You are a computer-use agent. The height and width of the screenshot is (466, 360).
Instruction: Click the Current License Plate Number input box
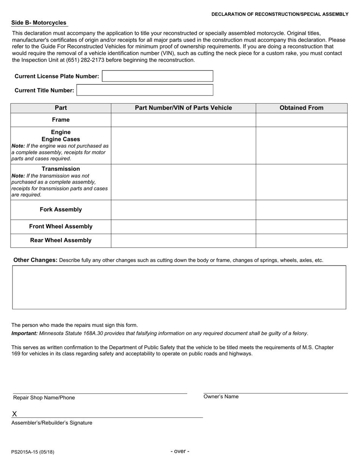click(158, 76)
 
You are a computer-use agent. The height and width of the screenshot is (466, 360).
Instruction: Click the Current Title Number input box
click(145, 90)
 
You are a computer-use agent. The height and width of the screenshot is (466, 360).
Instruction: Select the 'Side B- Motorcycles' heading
click(39, 23)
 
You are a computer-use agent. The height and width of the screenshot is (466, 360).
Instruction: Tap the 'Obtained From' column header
click(301, 108)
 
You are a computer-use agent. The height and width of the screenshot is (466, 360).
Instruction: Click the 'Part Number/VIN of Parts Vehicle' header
click(183, 108)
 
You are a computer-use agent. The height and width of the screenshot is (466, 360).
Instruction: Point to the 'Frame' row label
click(61, 120)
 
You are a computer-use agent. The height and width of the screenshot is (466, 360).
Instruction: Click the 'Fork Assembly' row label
click(61, 210)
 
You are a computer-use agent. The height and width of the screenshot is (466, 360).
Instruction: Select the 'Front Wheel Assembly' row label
click(61, 227)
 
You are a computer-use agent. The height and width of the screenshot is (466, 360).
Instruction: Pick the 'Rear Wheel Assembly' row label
click(61, 240)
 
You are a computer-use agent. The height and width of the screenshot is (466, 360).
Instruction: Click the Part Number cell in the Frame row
click(183, 120)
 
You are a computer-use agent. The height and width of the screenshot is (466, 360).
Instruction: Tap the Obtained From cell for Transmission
click(301, 182)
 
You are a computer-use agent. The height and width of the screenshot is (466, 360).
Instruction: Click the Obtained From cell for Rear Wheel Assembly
click(301, 241)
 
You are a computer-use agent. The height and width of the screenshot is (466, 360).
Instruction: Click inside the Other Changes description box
click(179, 287)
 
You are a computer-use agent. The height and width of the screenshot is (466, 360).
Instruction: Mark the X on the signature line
click(14, 414)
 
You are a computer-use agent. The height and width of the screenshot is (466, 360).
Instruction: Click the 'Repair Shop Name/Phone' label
click(44, 398)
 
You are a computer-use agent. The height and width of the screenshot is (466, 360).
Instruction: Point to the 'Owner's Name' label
click(221, 397)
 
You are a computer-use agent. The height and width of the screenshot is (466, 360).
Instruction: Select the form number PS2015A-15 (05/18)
click(33, 452)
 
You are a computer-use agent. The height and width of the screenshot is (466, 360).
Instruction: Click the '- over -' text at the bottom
click(180, 451)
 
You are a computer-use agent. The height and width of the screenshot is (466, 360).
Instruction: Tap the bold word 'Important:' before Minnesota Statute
click(24, 333)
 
